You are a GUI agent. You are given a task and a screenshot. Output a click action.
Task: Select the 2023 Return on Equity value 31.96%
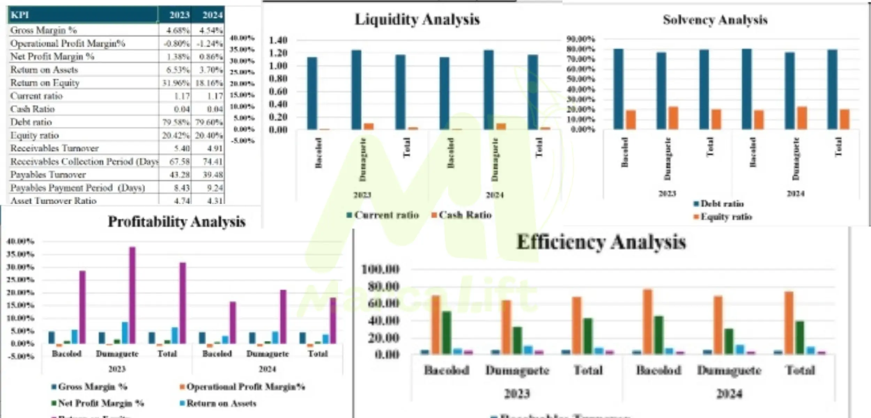click(176, 83)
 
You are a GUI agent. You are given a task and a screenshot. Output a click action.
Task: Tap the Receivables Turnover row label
click(54, 148)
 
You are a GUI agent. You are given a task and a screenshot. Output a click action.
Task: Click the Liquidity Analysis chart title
click(417, 20)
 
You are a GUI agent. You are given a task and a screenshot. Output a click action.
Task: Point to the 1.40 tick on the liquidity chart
click(278, 40)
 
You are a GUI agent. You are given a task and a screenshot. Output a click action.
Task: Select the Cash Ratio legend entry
click(462, 215)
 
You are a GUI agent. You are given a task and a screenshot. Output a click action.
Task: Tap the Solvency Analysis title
click(715, 20)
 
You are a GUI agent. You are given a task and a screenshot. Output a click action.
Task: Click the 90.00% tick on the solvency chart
click(581, 39)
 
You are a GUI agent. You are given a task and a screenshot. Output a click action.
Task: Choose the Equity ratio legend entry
click(723, 217)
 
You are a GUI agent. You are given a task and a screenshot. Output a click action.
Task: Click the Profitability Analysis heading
click(177, 222)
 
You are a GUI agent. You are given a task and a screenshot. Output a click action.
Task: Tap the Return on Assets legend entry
click(218, 403)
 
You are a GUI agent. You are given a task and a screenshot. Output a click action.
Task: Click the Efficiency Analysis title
click(601, 242)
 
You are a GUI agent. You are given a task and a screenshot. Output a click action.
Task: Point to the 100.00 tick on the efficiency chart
click(380, 269)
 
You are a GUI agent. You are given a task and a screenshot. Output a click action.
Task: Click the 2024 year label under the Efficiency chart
click(729, 394)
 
